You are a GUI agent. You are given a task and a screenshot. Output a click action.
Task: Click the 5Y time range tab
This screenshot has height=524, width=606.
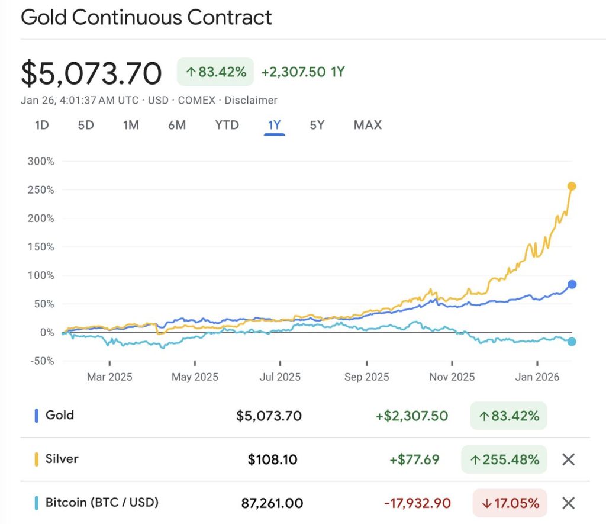point(317,125)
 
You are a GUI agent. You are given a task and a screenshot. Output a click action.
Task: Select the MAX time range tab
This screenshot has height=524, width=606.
point(368,125)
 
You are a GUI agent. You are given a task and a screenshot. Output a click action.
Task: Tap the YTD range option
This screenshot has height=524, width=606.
point(227,125)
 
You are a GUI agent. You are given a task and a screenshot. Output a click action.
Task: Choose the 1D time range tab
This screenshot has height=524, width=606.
point(41,125)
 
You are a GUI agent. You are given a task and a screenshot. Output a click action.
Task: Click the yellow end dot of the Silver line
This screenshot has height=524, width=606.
point(572,187)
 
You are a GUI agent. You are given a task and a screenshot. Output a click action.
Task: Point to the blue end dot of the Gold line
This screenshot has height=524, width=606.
point(572,284)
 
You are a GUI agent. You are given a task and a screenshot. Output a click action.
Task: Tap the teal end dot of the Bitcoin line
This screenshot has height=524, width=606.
point(572,342)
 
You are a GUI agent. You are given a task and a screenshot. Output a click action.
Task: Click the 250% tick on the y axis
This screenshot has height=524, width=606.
point(40,190)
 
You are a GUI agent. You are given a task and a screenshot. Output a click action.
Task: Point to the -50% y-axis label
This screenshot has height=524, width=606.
point(40,361)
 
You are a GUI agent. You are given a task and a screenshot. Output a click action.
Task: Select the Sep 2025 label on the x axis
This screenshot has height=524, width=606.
point(366,377)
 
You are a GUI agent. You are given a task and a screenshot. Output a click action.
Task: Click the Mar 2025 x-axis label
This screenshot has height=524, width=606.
point(109,377)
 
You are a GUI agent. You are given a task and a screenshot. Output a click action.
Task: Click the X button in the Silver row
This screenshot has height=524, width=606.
point(568,459)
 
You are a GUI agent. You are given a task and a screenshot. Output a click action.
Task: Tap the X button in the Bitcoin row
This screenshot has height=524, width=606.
point(568,503)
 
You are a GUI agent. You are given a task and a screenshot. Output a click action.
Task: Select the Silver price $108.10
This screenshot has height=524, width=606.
point(272,459)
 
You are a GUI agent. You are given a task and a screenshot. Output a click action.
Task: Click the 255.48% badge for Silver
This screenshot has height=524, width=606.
point(504,459)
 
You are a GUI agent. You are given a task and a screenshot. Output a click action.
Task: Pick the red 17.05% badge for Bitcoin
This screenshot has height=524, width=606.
point(510,504)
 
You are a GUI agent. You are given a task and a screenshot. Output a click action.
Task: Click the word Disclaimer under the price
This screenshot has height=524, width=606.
point(251,100)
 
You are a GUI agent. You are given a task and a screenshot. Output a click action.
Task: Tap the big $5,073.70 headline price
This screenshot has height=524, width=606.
point(91,73)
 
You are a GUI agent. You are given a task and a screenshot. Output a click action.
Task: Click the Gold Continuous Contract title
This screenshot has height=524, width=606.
point(146,17)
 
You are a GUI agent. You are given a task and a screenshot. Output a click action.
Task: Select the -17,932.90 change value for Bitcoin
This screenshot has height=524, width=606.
point(417,504)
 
